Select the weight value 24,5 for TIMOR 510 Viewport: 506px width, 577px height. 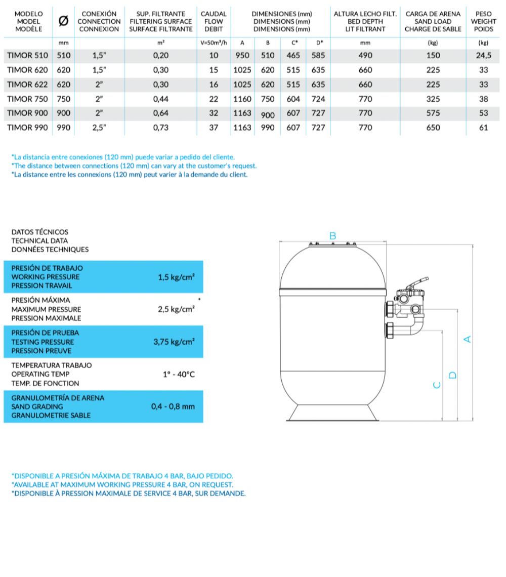coord(483,56)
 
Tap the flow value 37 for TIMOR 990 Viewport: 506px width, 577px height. coord(214,128)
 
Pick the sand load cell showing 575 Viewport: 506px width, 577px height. coord(433,113)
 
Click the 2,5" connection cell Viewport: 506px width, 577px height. coord(99,128)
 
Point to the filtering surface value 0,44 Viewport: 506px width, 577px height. coord(161,99)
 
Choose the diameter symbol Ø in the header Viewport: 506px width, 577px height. coord(64,21)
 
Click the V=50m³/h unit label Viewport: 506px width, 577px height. coord(214,43)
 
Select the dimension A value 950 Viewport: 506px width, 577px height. coord(242,56)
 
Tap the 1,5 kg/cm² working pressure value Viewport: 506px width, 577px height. coord(176,277)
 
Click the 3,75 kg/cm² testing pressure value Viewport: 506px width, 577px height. coord(174,342)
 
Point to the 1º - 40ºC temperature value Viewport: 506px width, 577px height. coord(179,374)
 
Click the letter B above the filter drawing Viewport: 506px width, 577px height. coord(333,235)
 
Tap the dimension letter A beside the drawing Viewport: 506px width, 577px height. coord(468,339)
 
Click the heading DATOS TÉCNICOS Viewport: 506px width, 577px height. coord(39,232)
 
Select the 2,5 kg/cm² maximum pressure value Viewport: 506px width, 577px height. coord(176,309)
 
